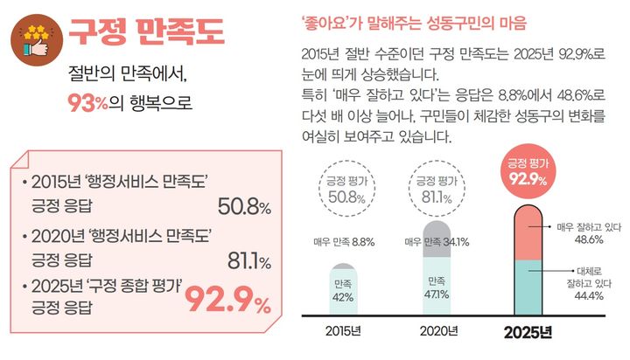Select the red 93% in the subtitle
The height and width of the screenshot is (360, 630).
tap(87, 103)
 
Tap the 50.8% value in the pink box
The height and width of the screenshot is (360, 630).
tap(243, 207)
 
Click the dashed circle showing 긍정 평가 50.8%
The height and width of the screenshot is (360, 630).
tap(343, 188)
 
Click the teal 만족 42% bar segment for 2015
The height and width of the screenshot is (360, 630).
tap(342, 288)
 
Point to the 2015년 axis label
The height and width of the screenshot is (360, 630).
tap(343, 331)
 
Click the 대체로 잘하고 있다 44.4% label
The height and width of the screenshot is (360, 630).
tap(587, 284)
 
